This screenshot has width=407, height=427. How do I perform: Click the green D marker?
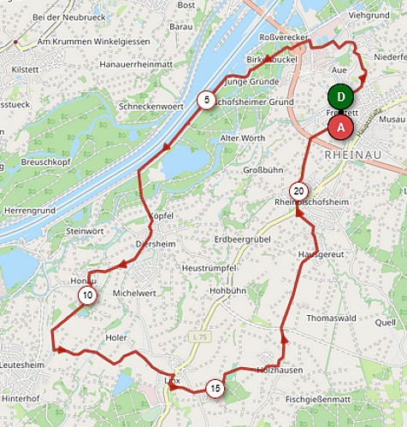[341, 97]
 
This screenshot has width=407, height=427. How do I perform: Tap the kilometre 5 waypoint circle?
[206, 100]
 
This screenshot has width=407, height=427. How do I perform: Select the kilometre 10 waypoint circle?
[87, 296]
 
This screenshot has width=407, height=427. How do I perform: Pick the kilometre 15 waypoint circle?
[215, 389]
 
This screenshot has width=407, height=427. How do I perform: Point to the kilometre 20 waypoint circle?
[298, 190]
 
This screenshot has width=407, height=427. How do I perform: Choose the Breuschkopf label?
[45, 160]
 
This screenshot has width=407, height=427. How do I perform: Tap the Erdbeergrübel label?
[242, 240]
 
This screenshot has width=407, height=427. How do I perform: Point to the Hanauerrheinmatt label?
[142, 62]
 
